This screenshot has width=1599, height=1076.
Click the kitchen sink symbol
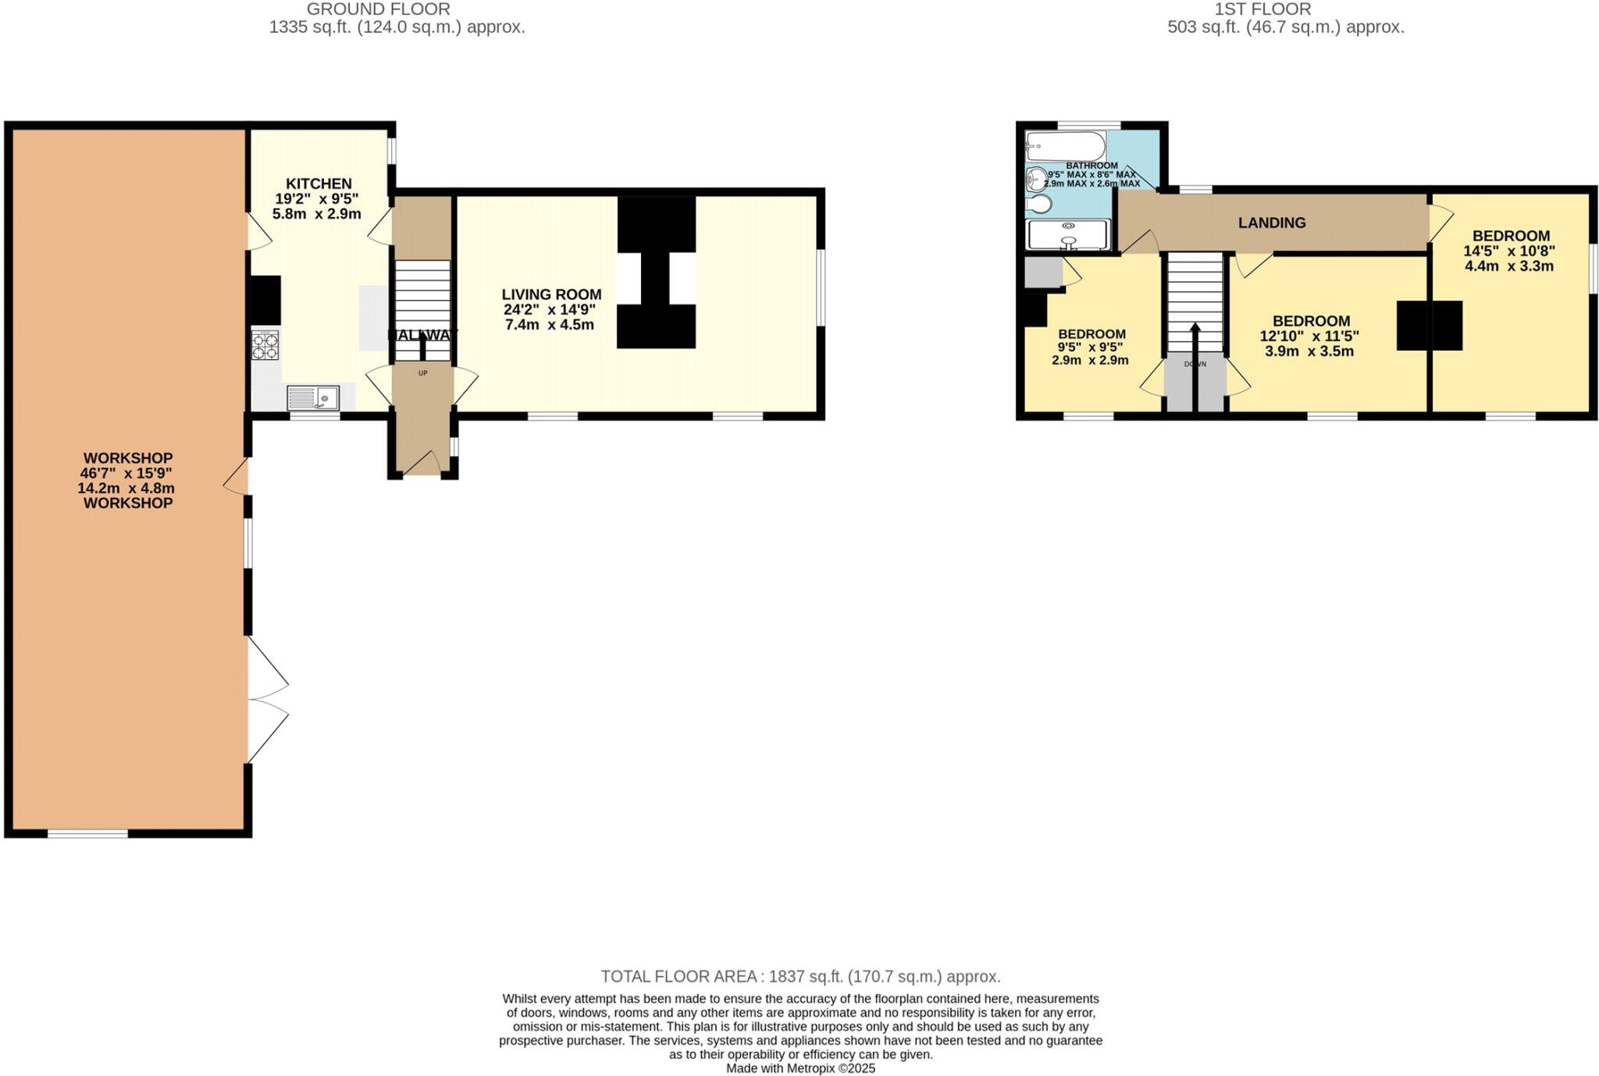[312, 398]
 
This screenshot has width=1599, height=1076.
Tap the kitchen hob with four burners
[265, 346]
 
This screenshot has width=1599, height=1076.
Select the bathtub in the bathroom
[1065, 146]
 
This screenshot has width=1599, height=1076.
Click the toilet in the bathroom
[1039, 205]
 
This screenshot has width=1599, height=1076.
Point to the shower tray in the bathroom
[1067, 234]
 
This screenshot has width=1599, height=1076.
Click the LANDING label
[1271, 223]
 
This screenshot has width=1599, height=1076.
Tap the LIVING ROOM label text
[551, 294]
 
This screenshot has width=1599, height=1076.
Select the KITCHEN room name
[319, 183]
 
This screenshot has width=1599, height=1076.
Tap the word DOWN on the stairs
[1195, 365]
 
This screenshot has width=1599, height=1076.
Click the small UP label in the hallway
[422, 373]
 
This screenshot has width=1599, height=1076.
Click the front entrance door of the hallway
[422, 463]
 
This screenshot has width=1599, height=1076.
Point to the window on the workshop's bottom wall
[87, 834]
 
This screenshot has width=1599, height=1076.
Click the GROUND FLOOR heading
[378, 9]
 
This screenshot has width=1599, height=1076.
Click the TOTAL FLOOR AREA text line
[799, 976]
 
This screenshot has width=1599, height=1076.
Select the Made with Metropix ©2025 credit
[799, 1068]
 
